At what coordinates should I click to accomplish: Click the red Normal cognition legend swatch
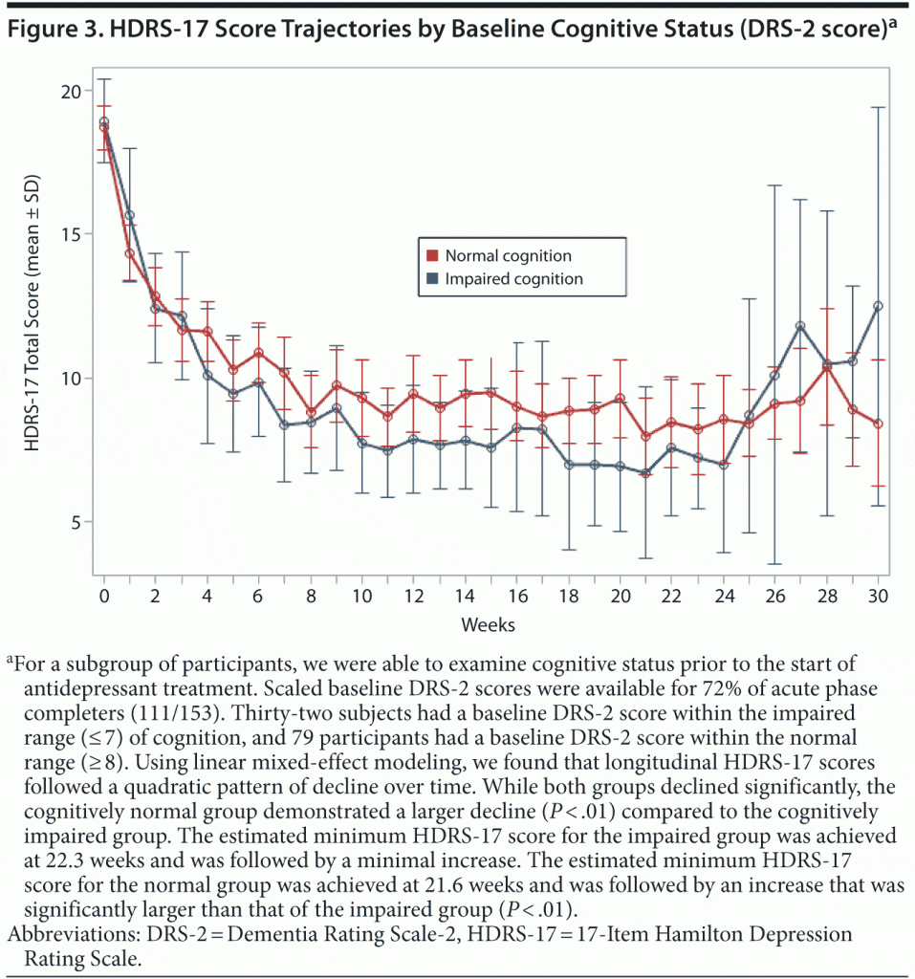pyautogui.click(x=431, y=256)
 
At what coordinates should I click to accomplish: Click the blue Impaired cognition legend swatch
pyautogui.click(x=431, y=279)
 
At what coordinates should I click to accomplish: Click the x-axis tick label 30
pyautogui.click(x=878, y=595)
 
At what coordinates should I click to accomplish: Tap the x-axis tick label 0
pyautogui.click(x=103, y=595)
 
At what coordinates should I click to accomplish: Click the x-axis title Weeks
pyautogui.click(x=489, y=624)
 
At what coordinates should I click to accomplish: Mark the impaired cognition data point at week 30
pyautogui.click(x=878, y=306)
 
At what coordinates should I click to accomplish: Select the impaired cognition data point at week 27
pyautogui.click(x=800, y=326)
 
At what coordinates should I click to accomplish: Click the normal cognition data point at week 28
pyautogui.click(x=826, y=367)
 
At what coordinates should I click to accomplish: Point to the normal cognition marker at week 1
pyautogui.click(x=129, y=253)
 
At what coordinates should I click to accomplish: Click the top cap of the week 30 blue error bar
pyautogui.click(x=878, y=107)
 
